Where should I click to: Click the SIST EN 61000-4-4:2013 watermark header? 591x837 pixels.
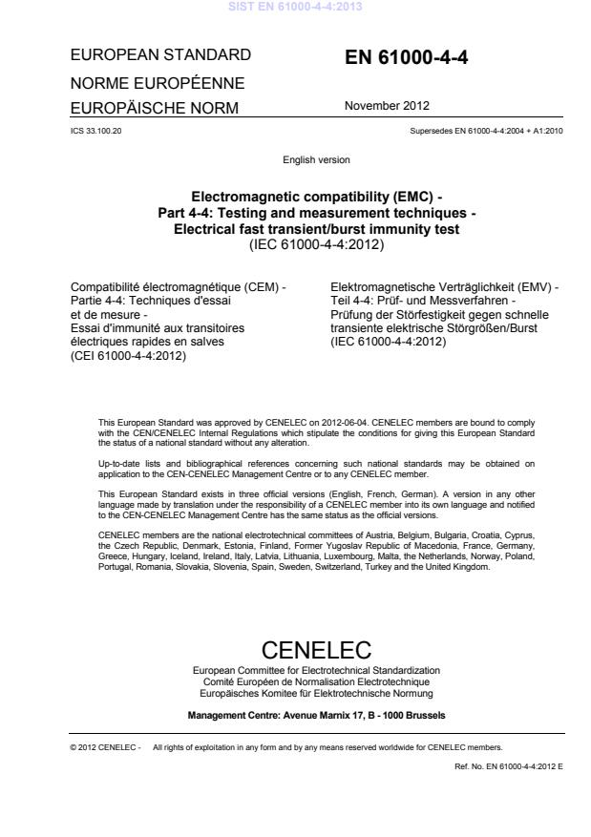pyautogui.click(x=295, y=8)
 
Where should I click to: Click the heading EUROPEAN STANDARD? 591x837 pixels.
pyautogui.click(x=160, y=54)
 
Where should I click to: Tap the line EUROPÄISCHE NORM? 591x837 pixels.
pyautogui.click(x=156, y=109)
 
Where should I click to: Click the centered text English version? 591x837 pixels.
pyautogui.click(x=315, y=159)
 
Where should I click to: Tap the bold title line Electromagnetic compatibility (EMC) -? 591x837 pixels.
pyautogui.click(x=315, y=198)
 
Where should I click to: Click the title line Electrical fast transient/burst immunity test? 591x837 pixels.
pyautogui.click(x=315, y=228)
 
